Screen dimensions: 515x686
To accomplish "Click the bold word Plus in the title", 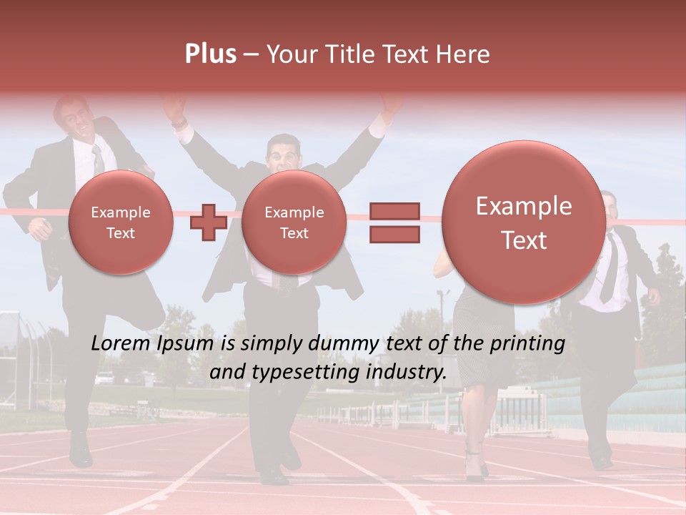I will pyautogui.click(x=210, y=54).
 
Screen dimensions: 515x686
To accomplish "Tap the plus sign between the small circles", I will pyautogui.click(x=208, y=222).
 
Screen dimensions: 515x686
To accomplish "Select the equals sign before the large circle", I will pyautogui.click(x=394, y=222).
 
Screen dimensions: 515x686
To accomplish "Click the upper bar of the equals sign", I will pyautogui.click(x=394, y=211).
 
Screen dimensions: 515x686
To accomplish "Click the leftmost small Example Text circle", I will pyautogui.click(x=120, y=222).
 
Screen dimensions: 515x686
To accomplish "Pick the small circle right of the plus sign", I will pyautogui.click(x=294, y=222).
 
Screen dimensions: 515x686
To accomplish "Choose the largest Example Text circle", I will pyautogui.click(x=524, y=222).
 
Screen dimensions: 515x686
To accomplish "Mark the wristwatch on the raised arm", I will pyautogui.click(x=179, y=123).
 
